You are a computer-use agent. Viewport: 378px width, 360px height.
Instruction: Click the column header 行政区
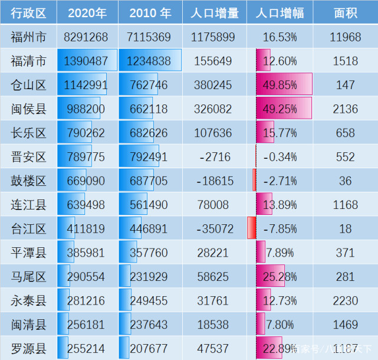pos(28,13)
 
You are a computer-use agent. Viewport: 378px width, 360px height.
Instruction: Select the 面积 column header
pos(345,13)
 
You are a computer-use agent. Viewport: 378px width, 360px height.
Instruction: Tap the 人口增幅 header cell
pos(280,13)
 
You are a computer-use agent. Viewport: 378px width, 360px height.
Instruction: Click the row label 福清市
pos(28,61)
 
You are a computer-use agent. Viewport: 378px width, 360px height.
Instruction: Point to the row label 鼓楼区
pos(28,181)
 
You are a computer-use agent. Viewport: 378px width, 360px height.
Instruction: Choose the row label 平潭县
pos(28,253)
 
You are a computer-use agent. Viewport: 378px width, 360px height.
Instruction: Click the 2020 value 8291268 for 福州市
pos(86,37)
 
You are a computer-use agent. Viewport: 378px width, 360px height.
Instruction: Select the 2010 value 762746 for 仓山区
pos(148,85)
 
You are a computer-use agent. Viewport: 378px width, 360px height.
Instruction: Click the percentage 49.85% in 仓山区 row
pos(280,85)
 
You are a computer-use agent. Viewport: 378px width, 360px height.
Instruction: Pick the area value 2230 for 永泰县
pos(345,300)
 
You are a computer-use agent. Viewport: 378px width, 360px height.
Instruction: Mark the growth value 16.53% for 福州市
pos(280,37)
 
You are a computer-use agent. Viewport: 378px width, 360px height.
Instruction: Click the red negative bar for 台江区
pos(251,228)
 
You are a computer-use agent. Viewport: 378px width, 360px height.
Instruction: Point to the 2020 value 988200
pos(86,109)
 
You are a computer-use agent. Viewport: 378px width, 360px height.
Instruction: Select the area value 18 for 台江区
pos(345,228)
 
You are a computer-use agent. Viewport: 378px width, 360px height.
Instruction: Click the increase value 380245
pos(213,85)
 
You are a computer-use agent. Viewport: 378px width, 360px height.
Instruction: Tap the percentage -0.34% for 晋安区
pos(280,157)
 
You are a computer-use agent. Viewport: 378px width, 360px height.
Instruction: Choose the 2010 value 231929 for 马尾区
pos(148,276)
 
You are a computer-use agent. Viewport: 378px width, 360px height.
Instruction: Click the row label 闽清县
pos(28,325)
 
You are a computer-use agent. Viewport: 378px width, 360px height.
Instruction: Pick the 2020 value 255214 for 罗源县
pos(86,348)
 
